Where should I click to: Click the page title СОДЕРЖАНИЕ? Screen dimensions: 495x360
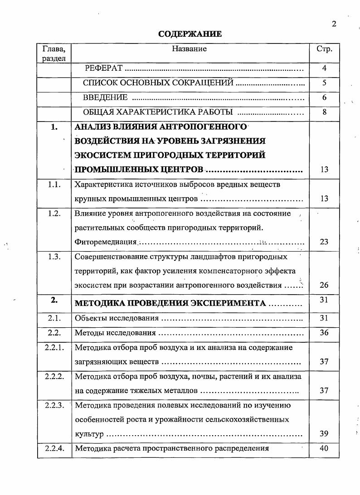point(190,34)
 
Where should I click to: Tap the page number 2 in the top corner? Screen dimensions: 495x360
point(334,24)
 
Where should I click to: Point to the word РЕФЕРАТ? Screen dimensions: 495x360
point(104,68)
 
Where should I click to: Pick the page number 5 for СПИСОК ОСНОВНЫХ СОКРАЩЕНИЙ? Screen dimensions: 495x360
point(324,83)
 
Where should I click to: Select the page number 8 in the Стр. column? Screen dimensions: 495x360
point(324,112)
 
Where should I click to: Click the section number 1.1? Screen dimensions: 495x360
point(54,184)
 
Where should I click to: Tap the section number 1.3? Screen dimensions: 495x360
point(54,257)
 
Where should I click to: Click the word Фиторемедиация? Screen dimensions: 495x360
point(106,242)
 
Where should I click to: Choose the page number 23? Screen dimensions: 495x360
point(324,242)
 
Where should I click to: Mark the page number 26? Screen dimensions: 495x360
point(324,285)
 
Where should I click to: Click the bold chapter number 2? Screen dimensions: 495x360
point(54,300)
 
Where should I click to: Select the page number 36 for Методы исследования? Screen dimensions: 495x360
point(324,333)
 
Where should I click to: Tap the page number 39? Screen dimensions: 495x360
point(324,434)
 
